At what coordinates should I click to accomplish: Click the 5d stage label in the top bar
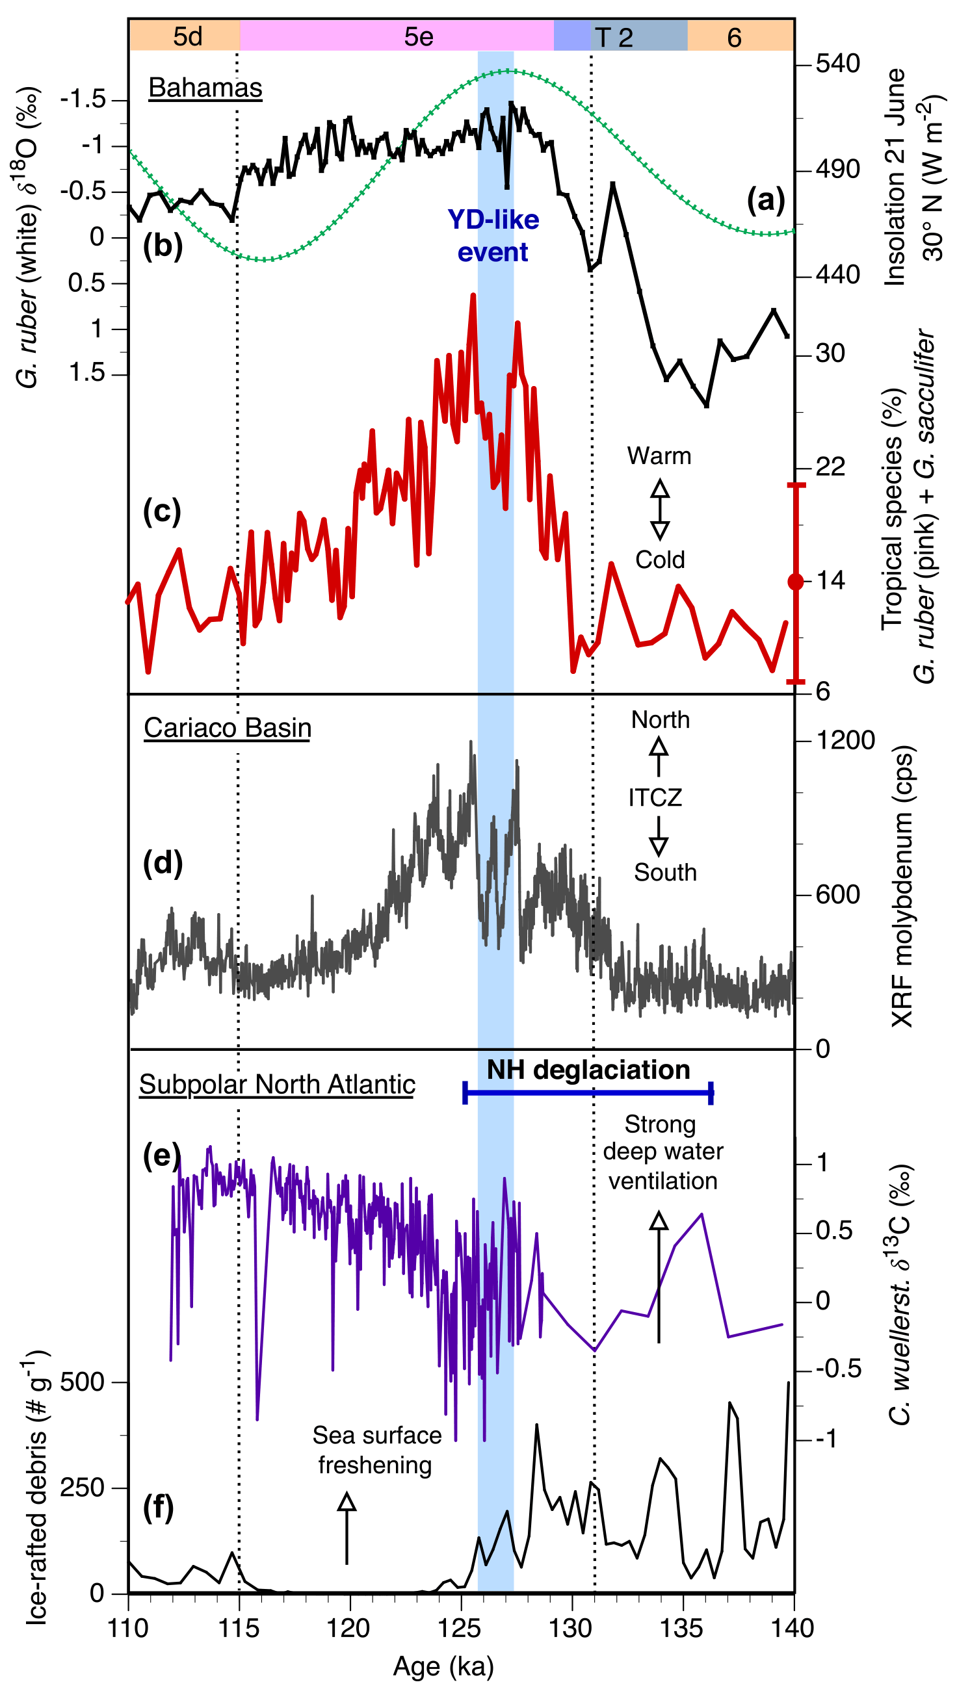coord(187,37)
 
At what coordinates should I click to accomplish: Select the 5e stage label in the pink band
coord(419,37)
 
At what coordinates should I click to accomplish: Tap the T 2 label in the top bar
coord(613,38)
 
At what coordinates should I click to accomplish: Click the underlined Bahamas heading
coord(205,88)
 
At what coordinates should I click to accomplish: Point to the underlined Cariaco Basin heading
coord(228,728)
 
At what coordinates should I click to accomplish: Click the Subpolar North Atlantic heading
coord(277,1085)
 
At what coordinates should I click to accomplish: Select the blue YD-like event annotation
coord(493,236)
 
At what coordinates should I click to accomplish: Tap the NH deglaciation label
coord(588,1070)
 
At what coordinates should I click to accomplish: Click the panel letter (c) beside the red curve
coord(162,511)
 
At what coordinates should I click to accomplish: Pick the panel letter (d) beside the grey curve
coord(163,862)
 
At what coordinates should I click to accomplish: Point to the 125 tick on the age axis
coord(460,1628)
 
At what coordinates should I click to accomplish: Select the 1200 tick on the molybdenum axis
coord(845,740)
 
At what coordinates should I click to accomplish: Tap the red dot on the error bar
coord(795,582)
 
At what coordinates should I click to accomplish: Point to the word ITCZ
coord(655,797)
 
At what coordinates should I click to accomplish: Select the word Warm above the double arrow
coord(659,456)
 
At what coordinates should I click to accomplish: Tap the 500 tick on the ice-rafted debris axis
coord(82,1382)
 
